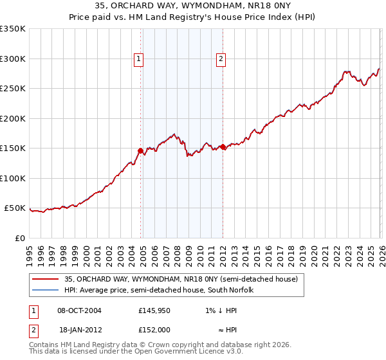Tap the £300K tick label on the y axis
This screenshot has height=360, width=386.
[x=13, y=59]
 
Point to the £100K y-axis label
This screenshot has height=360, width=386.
[x=13, y=178]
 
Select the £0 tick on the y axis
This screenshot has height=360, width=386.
[x=19, y=238]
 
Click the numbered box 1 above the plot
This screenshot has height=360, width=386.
[x=139, y=59]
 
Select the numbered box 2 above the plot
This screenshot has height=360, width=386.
[x=221, y=59]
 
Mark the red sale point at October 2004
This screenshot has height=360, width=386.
[x=140, y=150]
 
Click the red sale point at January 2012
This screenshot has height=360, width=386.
[x=223, y=147]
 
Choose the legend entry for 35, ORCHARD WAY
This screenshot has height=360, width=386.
[x=181, y=280]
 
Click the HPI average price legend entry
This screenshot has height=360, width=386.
[x=159, y=290]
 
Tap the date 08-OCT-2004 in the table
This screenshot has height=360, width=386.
[x=79, y=310]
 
